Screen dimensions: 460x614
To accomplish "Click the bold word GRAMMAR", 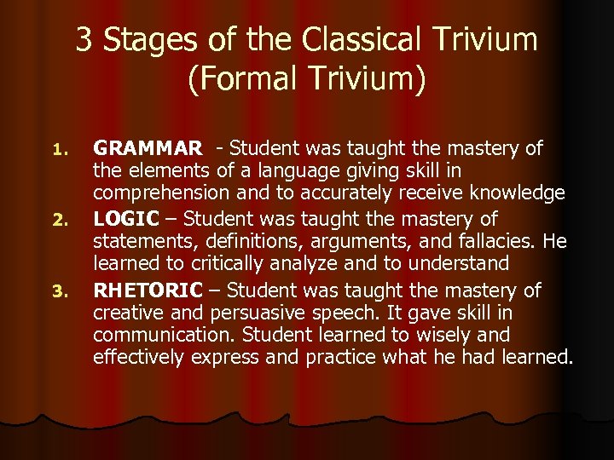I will point(148,149).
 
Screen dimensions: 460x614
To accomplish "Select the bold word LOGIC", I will point(125,220).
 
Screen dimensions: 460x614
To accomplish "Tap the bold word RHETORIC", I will point(148,290).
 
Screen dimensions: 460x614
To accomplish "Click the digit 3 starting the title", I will point(84,39).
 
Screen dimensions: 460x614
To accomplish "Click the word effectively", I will point(140,357).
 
